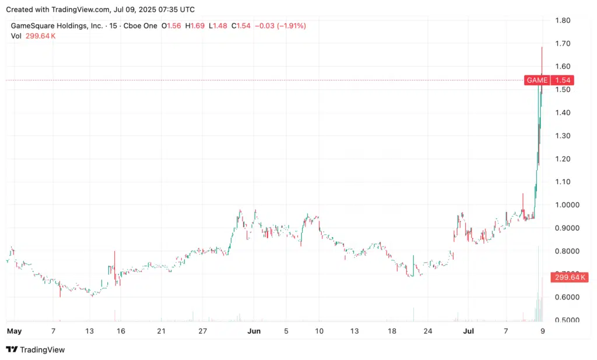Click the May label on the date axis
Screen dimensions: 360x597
[14, 331]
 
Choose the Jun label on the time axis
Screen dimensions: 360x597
[254, 331]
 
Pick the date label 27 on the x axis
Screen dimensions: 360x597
[202, 331]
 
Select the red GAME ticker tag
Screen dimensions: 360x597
[536, 80]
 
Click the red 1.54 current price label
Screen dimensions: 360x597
[562, 80]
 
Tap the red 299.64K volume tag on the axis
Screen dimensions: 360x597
[569, 277]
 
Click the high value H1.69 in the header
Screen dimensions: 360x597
[195, 26]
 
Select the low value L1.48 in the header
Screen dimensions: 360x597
[219, 26]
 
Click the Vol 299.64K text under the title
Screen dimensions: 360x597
[33, 36]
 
